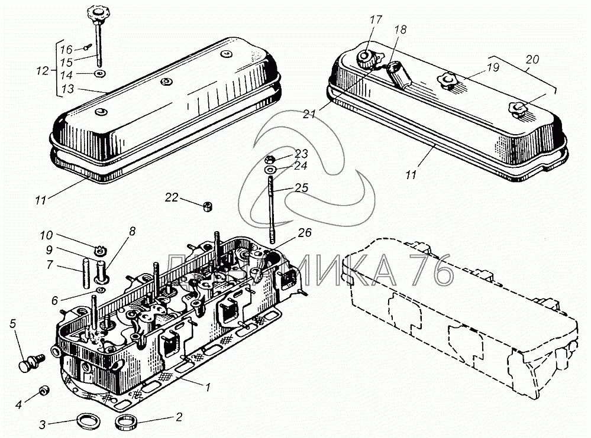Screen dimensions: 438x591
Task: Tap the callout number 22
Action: [x=172, y=197]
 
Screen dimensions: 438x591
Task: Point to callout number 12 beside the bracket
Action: [x=42, y=70]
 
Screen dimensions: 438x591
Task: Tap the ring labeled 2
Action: [x=125, y=423]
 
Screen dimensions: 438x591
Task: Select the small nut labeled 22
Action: [x=208, y=206]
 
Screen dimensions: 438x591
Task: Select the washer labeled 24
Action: [x=270, y=170]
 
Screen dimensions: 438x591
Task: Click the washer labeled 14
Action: [x=100, y=74]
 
